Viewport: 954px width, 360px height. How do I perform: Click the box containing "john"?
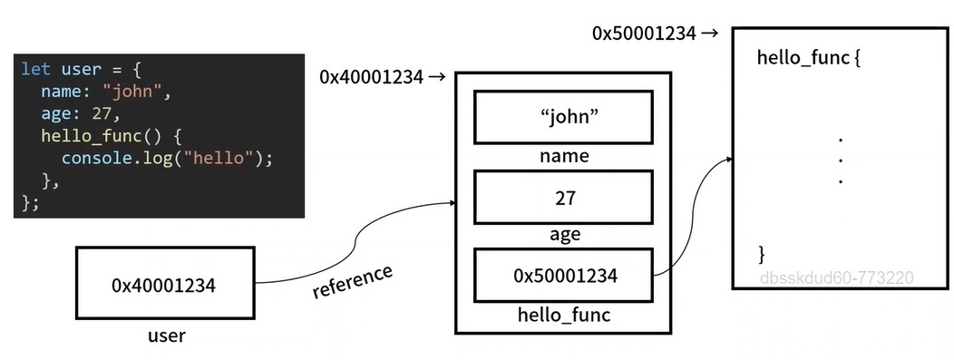(563, 117)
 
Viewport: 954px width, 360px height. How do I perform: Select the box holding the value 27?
(563, 197)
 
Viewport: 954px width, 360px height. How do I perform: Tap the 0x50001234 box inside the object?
(563, 276)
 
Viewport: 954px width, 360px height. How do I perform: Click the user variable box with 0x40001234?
(163, 285)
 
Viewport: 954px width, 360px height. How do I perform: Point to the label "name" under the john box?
(563, 156)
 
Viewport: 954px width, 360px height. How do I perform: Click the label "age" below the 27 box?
(564, 235)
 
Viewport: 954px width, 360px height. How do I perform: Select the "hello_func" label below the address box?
(563, 315)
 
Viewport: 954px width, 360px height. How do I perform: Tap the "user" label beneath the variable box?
(166, 336)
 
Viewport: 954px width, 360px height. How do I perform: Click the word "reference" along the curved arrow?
(353, 281)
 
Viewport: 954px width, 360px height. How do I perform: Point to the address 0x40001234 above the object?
(371, 77)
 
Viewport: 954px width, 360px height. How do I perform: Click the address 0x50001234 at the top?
(644, 34)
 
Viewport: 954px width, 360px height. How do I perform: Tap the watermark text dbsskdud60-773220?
(836, 278)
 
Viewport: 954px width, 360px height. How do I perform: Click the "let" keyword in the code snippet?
(36, 70)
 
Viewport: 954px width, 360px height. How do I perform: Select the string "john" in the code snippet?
(136, 92)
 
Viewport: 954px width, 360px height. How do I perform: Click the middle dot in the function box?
(841, 161)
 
